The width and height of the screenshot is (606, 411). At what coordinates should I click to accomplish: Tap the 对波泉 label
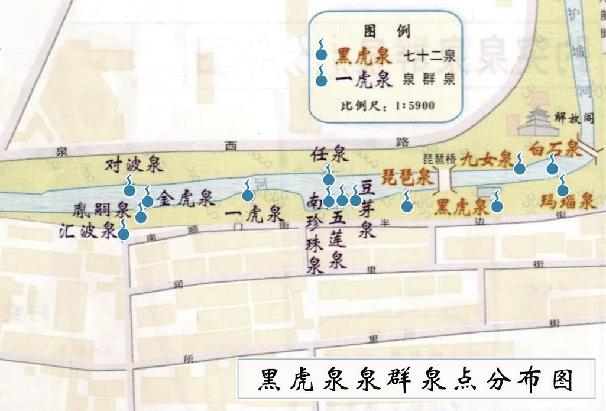[134, 164]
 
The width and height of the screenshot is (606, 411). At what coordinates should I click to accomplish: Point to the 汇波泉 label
[88, 230]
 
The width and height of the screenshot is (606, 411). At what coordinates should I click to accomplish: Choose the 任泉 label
[328, 156]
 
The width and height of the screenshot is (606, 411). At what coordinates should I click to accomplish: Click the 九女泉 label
[486, 158]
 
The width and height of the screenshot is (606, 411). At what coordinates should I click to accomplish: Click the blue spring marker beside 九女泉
[520, 169]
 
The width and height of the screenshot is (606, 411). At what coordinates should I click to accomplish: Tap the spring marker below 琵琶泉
[406, 206]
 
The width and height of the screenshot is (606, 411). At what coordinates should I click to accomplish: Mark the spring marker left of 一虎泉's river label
[248, 195]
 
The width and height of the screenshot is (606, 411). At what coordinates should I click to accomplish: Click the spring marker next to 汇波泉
[124, 234]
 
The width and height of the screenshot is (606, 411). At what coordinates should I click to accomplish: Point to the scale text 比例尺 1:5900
[387, 106]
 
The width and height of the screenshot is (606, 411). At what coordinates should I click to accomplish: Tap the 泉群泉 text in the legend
[429, 80]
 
